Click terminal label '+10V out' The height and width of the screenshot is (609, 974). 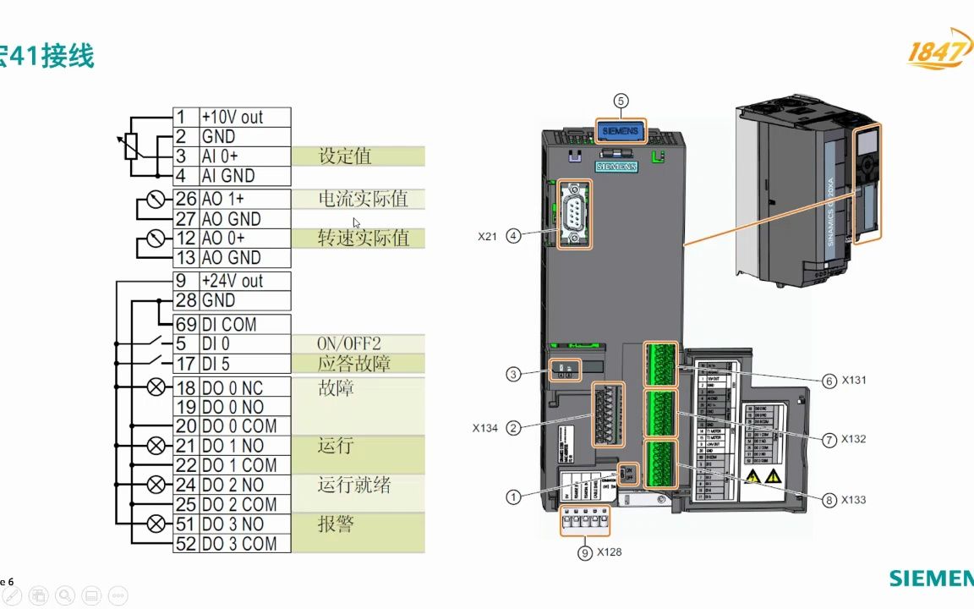point(244,117)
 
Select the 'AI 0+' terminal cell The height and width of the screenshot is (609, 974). point(244,156)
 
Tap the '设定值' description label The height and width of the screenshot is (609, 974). point(345,156)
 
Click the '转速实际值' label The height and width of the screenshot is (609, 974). point(364,238)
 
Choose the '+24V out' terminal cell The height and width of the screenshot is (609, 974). point(244,281)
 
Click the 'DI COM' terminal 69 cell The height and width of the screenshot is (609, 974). point(244,324)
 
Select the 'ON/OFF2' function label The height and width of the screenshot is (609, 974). point(349,343)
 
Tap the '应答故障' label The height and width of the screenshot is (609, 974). point(353,364)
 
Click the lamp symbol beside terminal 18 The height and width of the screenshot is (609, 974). point(156,387)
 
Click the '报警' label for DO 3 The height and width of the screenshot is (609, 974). point(336,524)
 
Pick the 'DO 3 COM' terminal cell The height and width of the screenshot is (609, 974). point(244,544)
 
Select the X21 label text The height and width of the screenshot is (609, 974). point(487,238)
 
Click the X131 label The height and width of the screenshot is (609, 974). point(853,381)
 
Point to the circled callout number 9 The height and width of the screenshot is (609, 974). point(584,552)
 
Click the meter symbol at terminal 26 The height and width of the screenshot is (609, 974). point(155,200)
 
